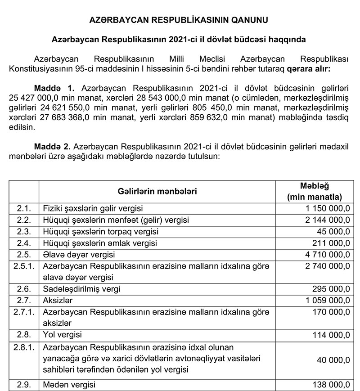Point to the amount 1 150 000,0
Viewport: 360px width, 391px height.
click(327, 209)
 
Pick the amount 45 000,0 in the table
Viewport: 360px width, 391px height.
click(333, 232)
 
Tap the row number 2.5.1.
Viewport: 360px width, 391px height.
click(24, 266)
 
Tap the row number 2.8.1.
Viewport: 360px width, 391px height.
click(24, 347)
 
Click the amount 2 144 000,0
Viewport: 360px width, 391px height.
click(327, 220)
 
